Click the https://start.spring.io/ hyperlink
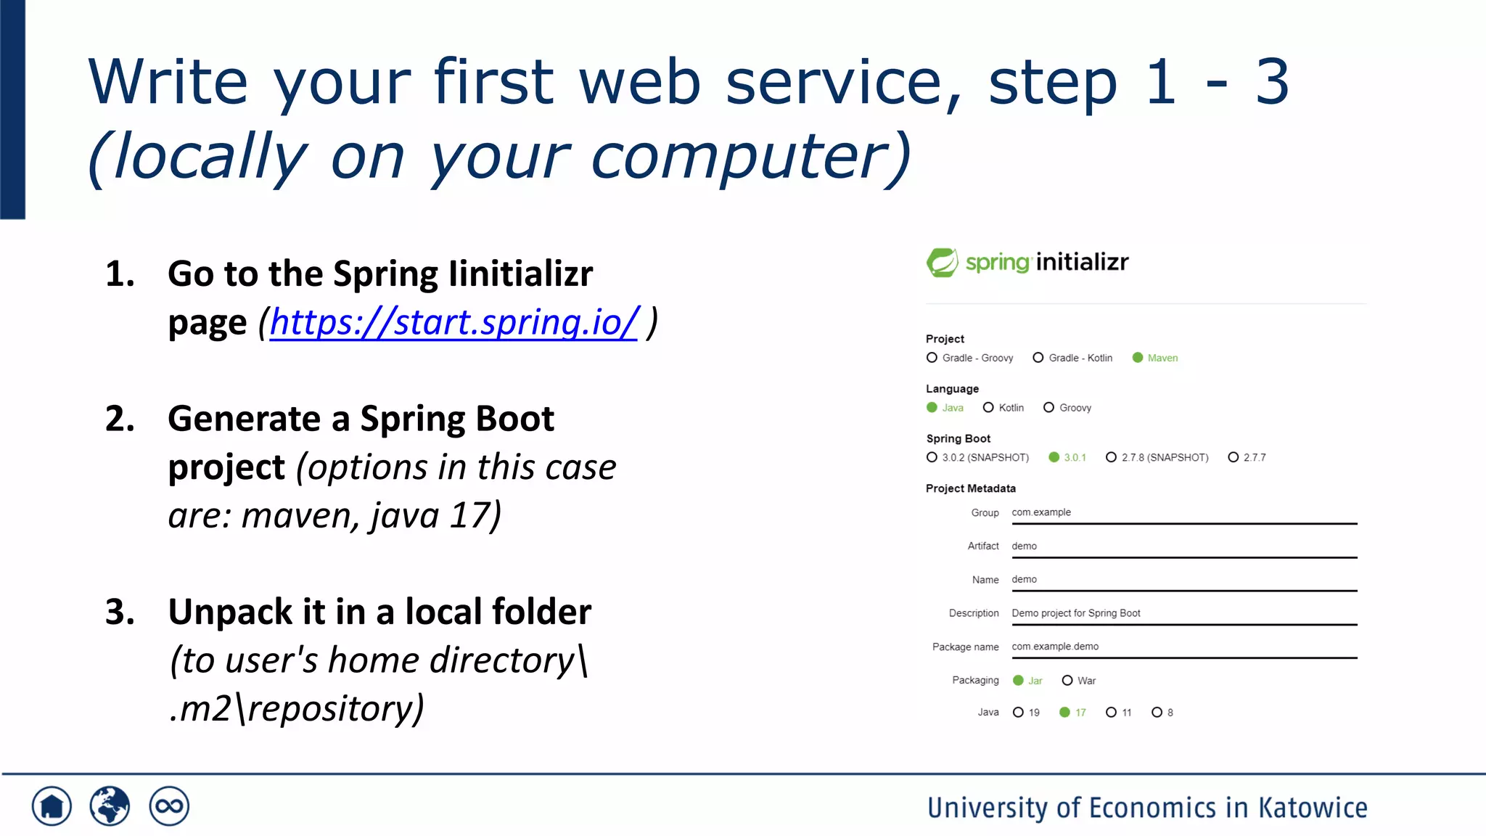click(453, 322)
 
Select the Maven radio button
click(1138, 358)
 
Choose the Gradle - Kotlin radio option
click(1038, 358)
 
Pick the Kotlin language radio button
click(988, 408)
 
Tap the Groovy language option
click(1048, 408)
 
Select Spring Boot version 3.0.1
click(1054, 457)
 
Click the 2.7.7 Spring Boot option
click(1233, 457)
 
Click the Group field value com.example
click(1041, 512)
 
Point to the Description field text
click(1076, 613)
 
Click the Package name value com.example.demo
click(1055, 647)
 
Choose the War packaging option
click(1067, 681)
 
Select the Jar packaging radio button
click(1018, 681)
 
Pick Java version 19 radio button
click(1018, 713)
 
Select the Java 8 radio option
click(1157, 713)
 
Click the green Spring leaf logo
click(943, 263)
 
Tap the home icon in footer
click(52, 806)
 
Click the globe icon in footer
click(110, 806)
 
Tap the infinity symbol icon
click(169, 806)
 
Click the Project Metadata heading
click(970, 488)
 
